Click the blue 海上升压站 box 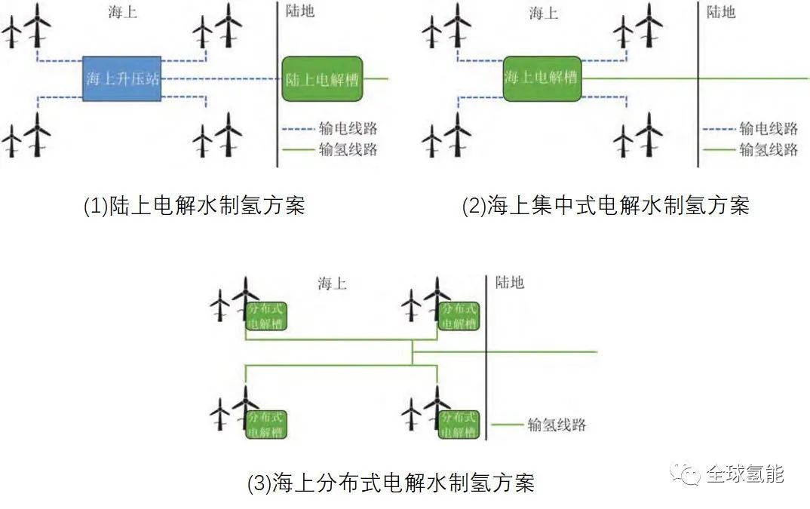122,78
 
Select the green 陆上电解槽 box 322,78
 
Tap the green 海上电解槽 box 542,78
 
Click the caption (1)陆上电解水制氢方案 195,206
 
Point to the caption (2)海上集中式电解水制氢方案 606,206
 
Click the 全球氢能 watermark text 745,474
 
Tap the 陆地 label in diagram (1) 300,11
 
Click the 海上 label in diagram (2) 544,12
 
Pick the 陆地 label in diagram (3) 509,282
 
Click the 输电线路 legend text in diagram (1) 348,128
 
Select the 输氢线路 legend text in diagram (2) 769,149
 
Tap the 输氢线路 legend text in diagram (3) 557,425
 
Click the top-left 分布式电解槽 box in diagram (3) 265,316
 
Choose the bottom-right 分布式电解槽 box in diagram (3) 459,425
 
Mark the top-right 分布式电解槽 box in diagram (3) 459,316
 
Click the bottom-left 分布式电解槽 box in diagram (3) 265,425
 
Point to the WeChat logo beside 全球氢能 685,474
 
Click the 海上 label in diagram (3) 332,284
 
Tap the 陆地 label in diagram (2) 721,11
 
